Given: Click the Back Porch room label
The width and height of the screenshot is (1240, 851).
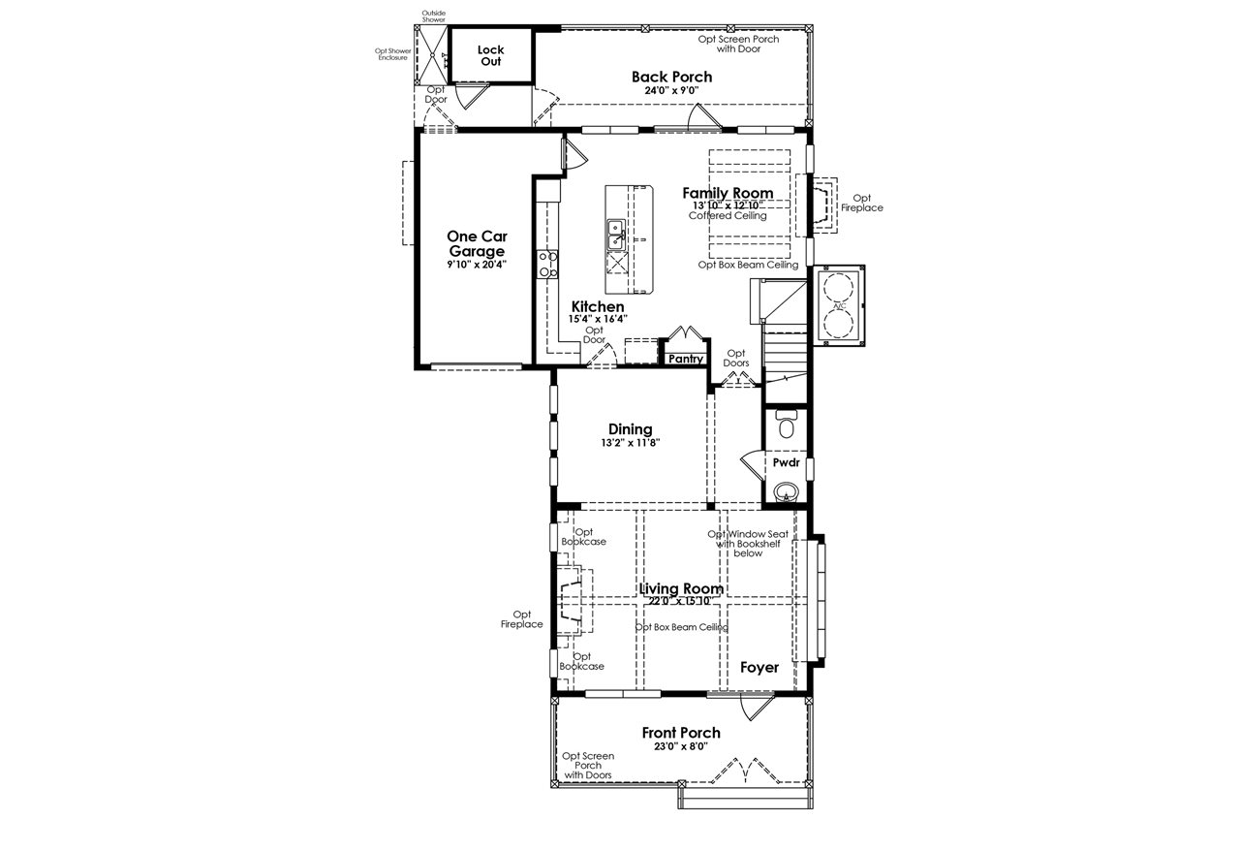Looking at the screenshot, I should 671,77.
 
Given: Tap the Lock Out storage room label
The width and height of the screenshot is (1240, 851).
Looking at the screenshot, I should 490,55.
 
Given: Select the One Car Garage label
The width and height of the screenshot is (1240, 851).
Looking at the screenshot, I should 477,243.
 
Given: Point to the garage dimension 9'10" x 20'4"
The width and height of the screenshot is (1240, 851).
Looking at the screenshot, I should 477,264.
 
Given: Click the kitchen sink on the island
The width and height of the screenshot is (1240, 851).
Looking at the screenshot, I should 615,234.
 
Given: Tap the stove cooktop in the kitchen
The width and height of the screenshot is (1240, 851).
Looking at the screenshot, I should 548,264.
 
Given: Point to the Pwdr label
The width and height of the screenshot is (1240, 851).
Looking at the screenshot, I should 786,462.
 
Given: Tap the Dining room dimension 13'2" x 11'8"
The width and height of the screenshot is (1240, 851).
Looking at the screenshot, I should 630,443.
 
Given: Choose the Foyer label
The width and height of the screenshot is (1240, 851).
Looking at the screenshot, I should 759,667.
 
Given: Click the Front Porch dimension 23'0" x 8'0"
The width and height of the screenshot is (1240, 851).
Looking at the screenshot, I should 680,746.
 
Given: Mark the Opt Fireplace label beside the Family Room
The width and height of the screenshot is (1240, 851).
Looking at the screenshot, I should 861,203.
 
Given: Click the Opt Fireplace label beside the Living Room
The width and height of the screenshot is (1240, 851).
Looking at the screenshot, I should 522,618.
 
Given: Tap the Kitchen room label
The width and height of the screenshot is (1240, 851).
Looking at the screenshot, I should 597,306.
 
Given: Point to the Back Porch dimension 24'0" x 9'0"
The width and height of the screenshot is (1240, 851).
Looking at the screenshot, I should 671,91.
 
